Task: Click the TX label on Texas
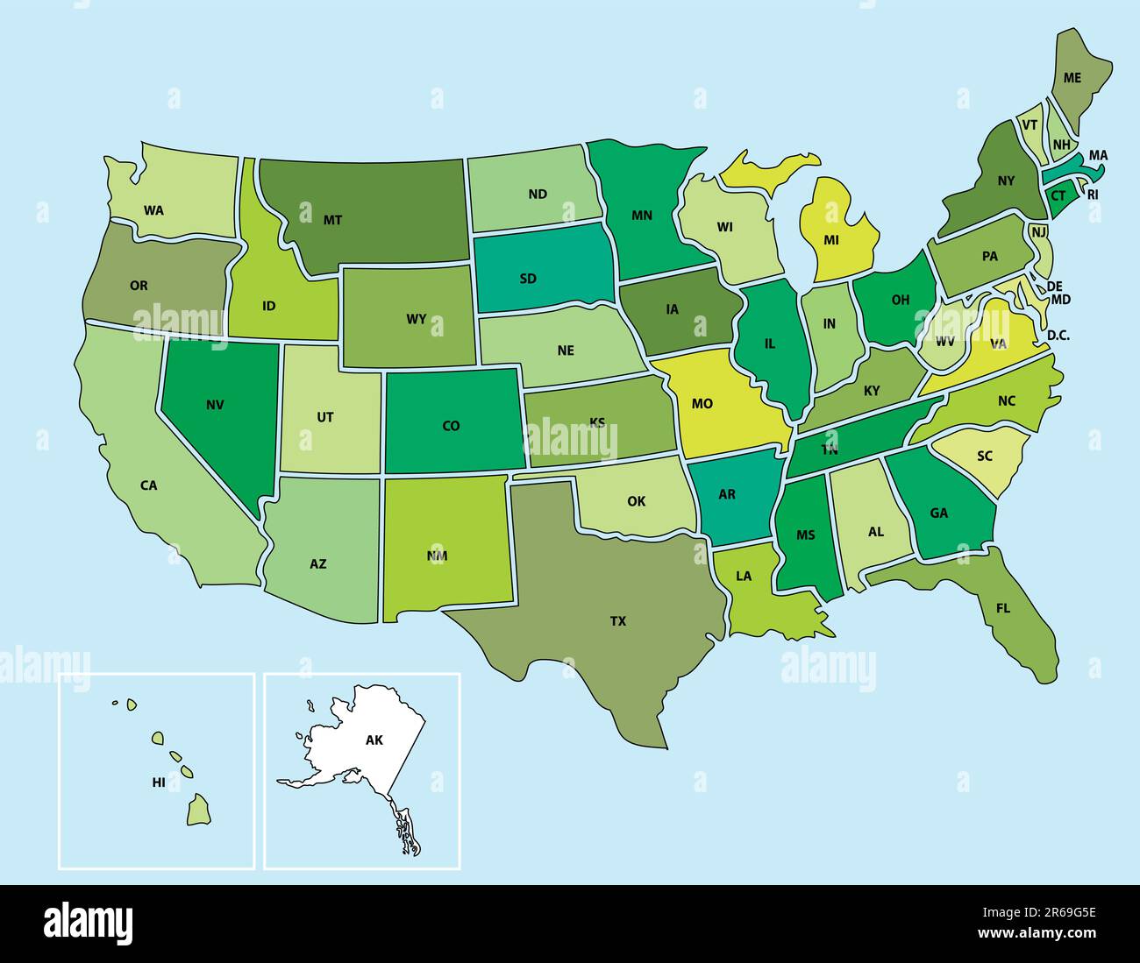pyautogui.click(x=618, y=621)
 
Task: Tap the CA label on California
pyautogui.click(x=149, y=485)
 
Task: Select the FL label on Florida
pyautogui.click(x=1003, y=607)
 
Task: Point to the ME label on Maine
pyautogui.click(x=1072, y=77)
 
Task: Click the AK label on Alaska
pyautogui.click(x=374, y=740)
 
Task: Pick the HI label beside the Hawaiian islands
pyautogui.click(x=159, y=782)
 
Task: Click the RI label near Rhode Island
pyautogui.click(x=1093, y=195)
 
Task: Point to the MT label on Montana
pyautogui.click(x=332, y=220)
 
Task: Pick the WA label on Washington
pyautogui.click(x=154, y=210)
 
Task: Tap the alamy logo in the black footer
pyautogui.click(x=89, y=923)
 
